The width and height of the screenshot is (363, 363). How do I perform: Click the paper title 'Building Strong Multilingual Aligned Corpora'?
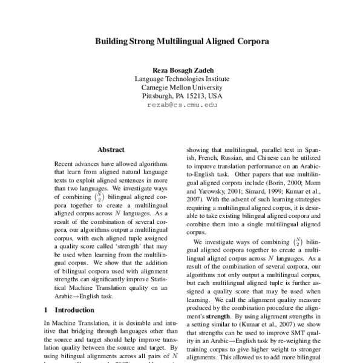pos(181,43)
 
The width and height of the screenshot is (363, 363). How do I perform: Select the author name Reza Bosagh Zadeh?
pos(181,70)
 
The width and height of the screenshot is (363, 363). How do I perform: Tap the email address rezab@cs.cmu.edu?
pos(181,105)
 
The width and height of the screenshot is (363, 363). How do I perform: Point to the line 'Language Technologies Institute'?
pos(181,79)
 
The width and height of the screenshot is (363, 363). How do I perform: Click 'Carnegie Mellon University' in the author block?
pos(181,87)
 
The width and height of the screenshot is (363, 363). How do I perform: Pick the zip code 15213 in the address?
pos(197,96)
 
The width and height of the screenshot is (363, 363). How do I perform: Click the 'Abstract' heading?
pos(111,149)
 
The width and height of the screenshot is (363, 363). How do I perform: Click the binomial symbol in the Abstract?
pos(93,196)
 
